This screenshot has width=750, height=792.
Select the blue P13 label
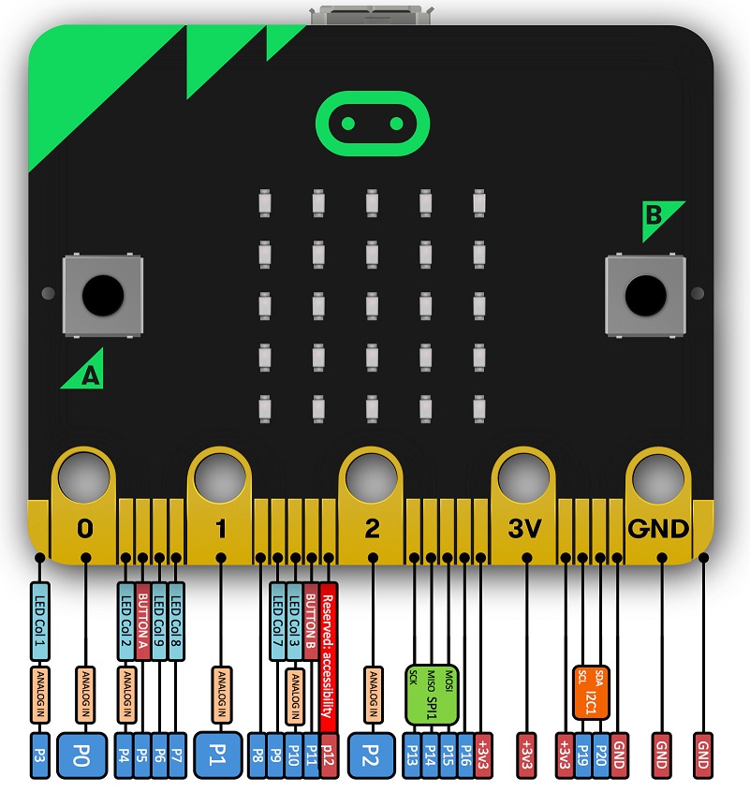point(414,755)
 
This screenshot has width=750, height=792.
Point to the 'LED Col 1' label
point(39,620)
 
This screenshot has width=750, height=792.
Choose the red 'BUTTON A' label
point(143,621)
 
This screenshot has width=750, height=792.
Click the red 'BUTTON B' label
point(312,621)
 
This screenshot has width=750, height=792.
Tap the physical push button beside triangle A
point(102,296)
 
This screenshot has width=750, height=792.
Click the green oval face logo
point(373,124)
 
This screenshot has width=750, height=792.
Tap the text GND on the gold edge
point(660,528)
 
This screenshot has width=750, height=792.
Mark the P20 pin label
point(600,755)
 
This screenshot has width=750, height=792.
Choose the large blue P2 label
point(372,754)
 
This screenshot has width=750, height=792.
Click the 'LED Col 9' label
point(159,621)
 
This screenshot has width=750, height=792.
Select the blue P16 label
point(465,755)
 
